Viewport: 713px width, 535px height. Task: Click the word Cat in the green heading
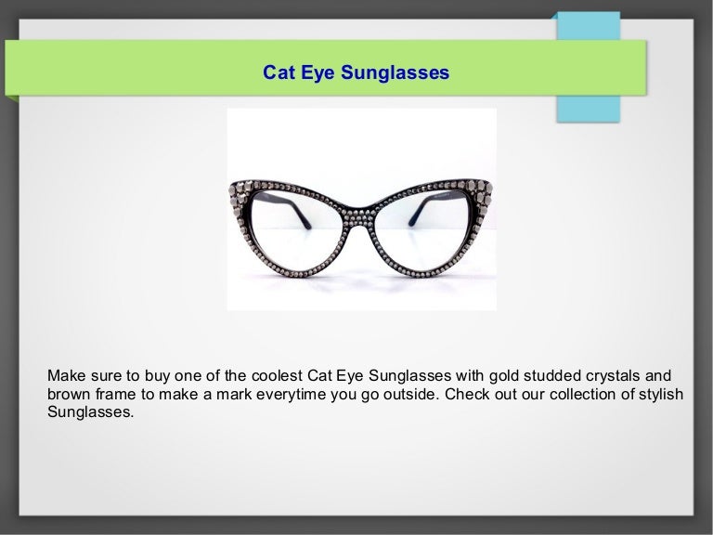coord(277,71)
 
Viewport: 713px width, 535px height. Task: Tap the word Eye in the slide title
coord(314,71)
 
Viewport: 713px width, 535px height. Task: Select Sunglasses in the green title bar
coord(393,71)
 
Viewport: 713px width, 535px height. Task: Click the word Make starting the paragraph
coord(65,375)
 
